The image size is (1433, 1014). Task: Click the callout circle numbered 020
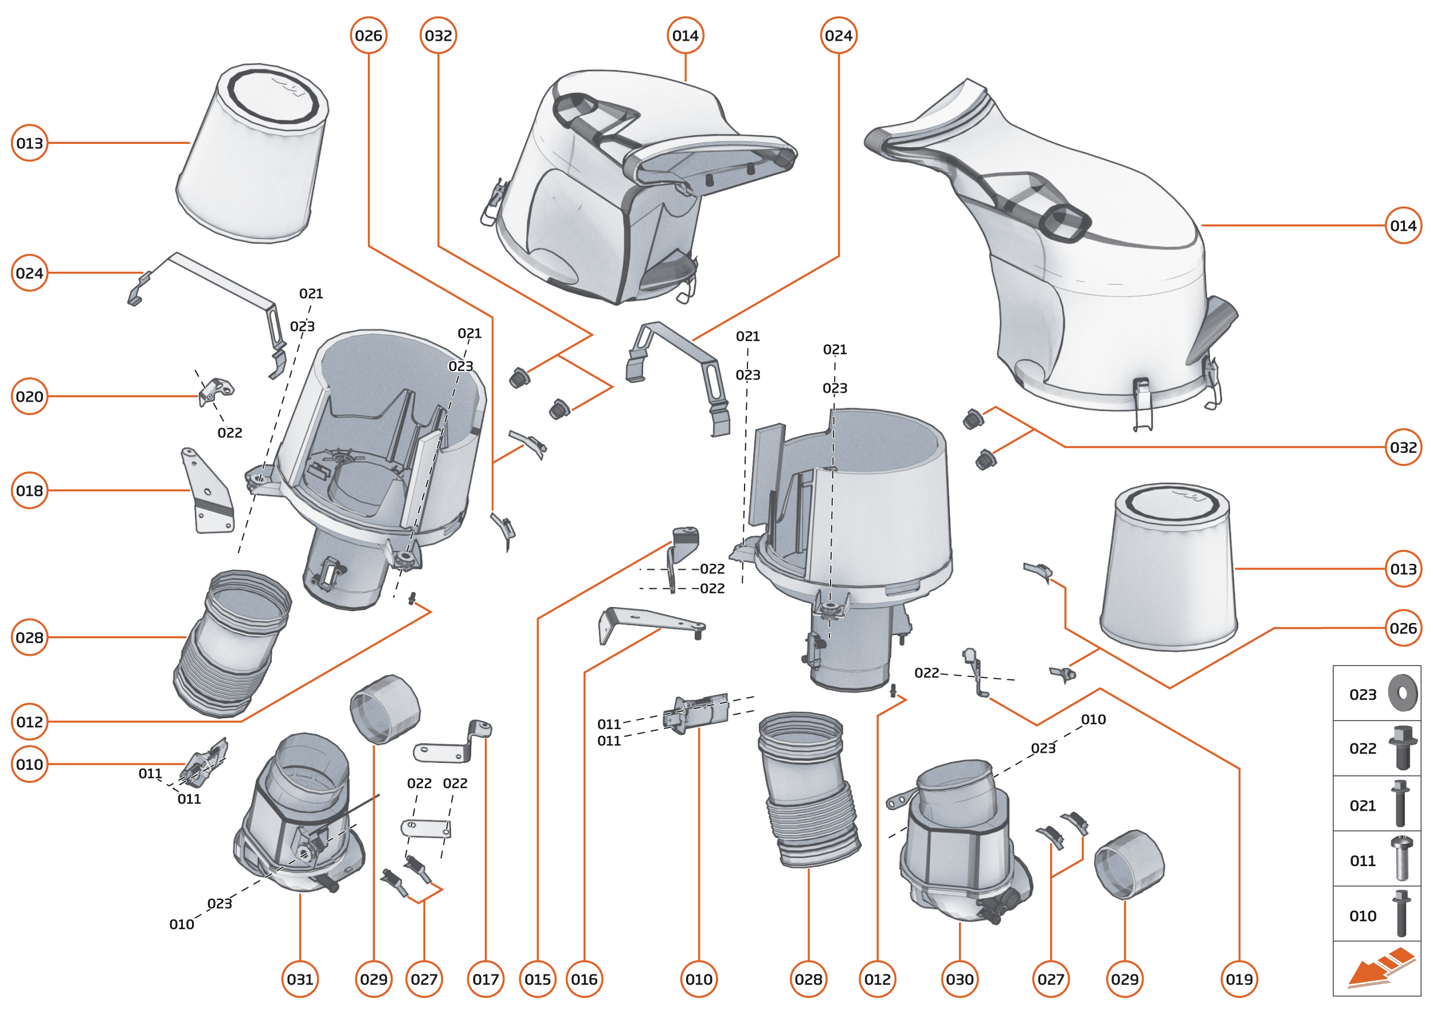pyautogui.click(x=29, y=397)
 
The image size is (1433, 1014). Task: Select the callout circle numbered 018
pyautogui.click(x=29, y=491)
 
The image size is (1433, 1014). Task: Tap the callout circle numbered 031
pyautogui.click(x=300, y=979)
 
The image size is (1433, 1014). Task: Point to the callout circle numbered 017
pyautogui.click(x=485, y=979)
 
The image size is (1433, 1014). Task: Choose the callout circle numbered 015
pyautogui.click(x=538, y=979)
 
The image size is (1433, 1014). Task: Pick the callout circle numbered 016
pyautogui.click(x=584, y=979)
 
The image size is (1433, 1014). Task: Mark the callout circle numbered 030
pyautogui.click(x=959, y=979)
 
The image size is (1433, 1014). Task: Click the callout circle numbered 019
pyautogui.click(x=1239, y=979)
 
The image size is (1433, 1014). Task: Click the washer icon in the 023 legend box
pyautogui.click(x=1403, y=693)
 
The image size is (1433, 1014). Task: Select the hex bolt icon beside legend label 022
pyautogui.click(x=1402, y=747)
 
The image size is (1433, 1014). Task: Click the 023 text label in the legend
pyautogui.click(x=1362, y=694)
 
